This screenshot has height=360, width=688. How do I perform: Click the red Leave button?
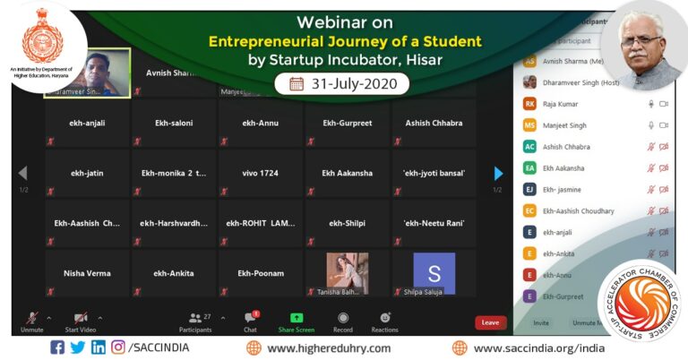point(490,322)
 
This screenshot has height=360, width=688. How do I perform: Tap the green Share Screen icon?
point(297,318)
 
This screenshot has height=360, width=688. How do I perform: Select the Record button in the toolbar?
point(343,318)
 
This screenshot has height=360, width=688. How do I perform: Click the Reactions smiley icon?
point(385,318)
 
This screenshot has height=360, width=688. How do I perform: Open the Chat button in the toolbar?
point(250,318)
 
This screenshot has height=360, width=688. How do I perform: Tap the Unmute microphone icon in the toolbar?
point(32,318)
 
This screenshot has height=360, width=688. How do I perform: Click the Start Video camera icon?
point(80,318)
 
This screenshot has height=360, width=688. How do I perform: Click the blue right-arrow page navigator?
point(498,173)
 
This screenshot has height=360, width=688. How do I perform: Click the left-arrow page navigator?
point(23,173)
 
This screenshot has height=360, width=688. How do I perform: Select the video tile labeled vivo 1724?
point(262,173)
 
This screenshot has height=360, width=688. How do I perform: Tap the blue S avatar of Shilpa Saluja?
point(434,272)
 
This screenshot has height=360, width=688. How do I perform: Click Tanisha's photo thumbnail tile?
point(348,272)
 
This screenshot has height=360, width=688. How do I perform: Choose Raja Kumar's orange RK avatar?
point(530,104)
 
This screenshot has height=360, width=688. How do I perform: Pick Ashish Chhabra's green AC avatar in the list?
point(530,147)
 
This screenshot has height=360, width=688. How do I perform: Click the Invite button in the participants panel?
point(541,322)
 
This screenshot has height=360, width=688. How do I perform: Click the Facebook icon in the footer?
point(57,347)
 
